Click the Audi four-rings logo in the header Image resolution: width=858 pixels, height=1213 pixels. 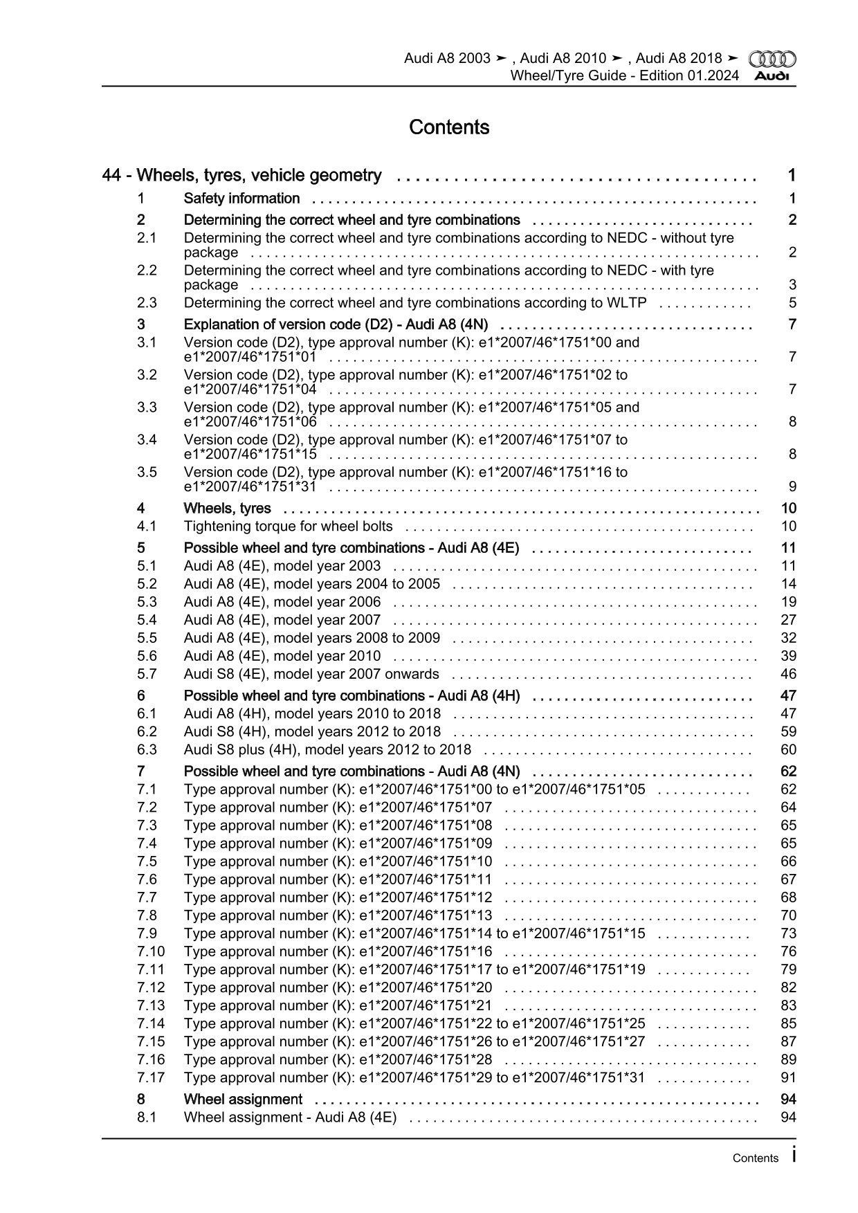[772, 59]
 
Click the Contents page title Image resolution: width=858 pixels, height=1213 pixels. [449, 127]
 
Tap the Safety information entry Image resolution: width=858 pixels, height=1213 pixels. [241, 199]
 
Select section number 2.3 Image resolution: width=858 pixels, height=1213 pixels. [147, 302]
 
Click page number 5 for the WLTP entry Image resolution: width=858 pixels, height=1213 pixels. [792, 302]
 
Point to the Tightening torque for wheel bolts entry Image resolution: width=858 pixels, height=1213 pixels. [288, 526]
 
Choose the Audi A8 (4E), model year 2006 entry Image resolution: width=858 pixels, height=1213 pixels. [282, 602]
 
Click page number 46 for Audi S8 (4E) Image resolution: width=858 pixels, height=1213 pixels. [788, 674]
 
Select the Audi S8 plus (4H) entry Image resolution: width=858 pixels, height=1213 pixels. [327, 749]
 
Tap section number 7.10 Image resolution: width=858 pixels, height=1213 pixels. [151, 951]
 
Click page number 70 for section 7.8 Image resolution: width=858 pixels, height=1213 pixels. [788, 915]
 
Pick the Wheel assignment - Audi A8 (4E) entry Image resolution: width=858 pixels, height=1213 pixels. [290, 1117]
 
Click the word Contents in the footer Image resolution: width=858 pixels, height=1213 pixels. [755, 1158]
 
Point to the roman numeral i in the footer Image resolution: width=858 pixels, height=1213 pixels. [793, 1156]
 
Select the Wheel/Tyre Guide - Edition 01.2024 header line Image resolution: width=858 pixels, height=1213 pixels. [624, 75]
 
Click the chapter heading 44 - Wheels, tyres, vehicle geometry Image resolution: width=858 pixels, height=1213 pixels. [241, 176]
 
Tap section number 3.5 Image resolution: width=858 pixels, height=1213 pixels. [147, 472]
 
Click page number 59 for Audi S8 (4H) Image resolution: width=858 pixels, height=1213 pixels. [788, 731]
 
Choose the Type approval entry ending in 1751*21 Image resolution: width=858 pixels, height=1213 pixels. [338, 1005]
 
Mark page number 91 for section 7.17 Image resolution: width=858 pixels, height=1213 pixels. [788, 1077]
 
